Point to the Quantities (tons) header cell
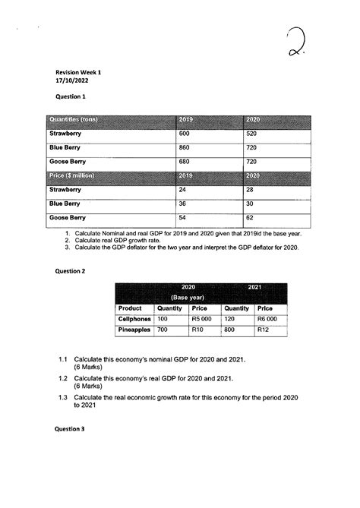pyautogui.click(x=76, y=120)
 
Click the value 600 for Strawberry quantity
pyautogui.click(x=185, y=134)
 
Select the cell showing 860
pyautogui.click(x=185, y=147)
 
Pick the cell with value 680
pyautogui.click(x=185, y=162)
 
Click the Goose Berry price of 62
pyautogui.click(x=251, y=217)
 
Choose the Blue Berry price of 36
pyautogui.click(x=183, y=204)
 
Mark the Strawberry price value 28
pyautogui.click(x=251, y=190)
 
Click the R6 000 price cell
pyautogui.click(x=267, y=320)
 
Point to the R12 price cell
pyautogui.click(x=264, y=331)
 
